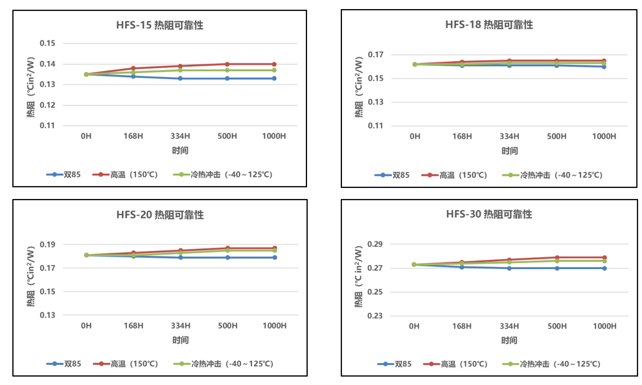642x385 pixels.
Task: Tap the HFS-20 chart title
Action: [x=160, y=215]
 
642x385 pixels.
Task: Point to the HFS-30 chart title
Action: [x=489, y=214]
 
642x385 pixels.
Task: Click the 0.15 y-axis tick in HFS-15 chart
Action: [x=48, y=43]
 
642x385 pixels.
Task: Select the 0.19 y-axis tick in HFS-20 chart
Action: [x=48, y=244]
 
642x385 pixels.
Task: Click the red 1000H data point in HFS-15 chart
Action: [x=274, y=64]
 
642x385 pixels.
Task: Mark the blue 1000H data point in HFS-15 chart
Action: [x=274, y=78]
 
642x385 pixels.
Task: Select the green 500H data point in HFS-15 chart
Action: [x=227, y=70]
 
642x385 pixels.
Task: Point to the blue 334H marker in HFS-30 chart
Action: [x=509, y=268]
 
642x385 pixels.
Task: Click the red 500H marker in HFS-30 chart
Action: [x=556, y=257]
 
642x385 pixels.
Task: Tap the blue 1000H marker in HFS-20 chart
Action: [x=274, y=257]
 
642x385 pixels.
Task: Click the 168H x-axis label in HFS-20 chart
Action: [x=133, y=325]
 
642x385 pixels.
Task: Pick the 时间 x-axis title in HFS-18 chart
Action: [x=509, y=151]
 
